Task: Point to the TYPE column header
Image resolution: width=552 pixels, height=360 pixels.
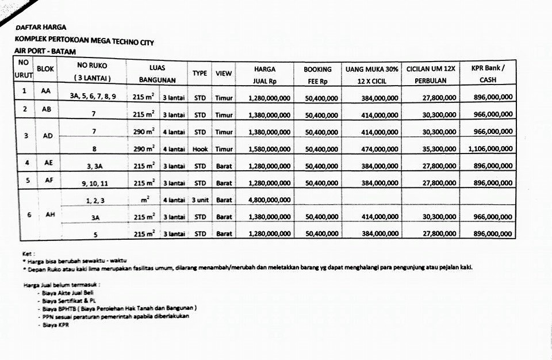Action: point(200,74)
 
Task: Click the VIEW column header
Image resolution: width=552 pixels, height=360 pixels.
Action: point(224,74)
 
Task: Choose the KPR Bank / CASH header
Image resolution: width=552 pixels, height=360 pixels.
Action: point(488,74)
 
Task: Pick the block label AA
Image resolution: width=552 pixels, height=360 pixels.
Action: point(45,91)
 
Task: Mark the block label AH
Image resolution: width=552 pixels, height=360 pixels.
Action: point(51,215)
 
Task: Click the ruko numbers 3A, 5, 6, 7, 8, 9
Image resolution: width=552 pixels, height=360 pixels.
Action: point(93,97)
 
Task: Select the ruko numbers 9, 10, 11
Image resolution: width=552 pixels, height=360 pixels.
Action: point(94,183)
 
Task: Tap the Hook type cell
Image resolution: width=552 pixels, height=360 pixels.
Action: point(200,150)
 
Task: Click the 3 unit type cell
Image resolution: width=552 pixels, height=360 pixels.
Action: point(200,201)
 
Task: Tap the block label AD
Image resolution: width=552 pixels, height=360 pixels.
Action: point(48,136)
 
